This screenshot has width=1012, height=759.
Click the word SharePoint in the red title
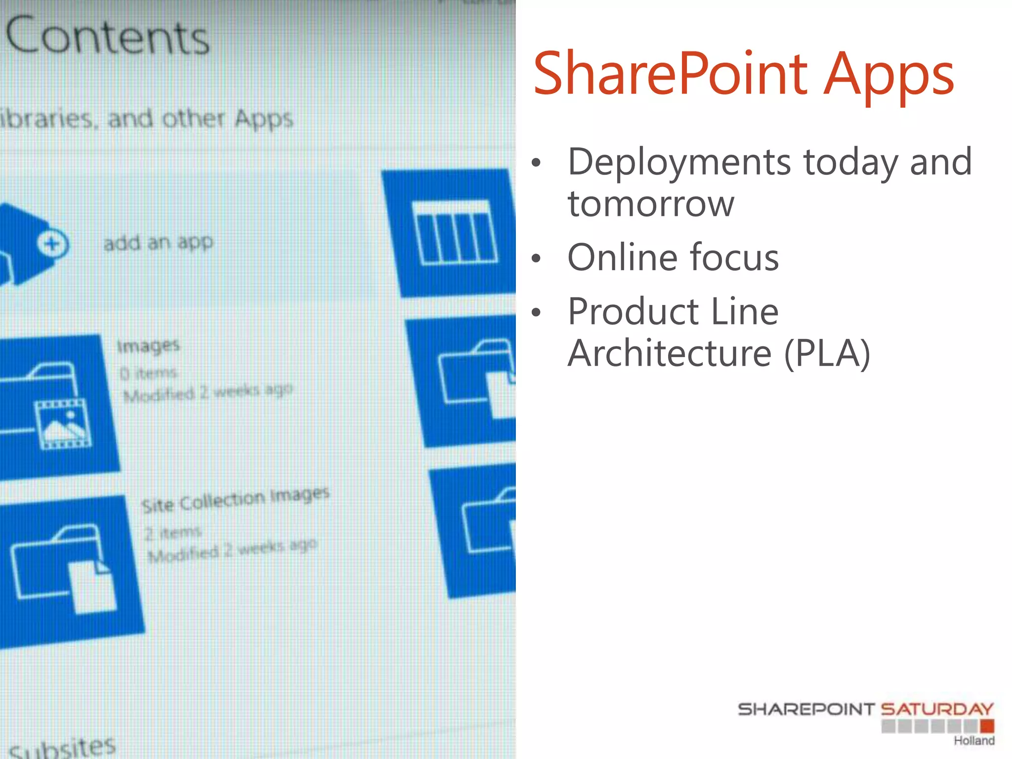[x=670, y=74]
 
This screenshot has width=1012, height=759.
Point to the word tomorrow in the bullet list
[x=651, y=204]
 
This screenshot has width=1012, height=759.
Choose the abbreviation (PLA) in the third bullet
[x=827, y=354]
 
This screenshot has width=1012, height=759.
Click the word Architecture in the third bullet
[x=670, y=354]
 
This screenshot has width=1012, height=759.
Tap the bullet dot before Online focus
[x=537, y=258]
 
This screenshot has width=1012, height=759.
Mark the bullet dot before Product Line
[x=537, y=312]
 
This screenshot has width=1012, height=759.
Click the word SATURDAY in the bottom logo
[x=937, y=710]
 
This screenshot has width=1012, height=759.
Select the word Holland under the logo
[x=973, y=741]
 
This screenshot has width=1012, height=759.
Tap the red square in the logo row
[x=987, y=726]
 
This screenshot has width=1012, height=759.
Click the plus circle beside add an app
[x=52, y=244]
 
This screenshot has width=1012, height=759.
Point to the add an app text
[x=158, y=243]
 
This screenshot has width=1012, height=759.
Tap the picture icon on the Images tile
[x=63, y=423]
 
